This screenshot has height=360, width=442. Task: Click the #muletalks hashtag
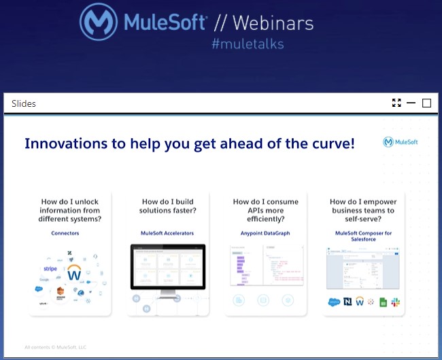[x=248, y=44]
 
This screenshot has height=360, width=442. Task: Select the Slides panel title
[x=24, y=103]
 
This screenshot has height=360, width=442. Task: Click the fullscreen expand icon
[x=396, y=103]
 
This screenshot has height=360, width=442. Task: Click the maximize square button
[x=427, y=103]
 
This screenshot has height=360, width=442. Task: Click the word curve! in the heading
[x=330, y=144]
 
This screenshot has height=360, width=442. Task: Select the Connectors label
[x=65, y=233]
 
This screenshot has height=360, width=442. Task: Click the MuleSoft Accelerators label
[x=167, y=233]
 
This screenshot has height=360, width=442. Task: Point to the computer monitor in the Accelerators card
[x=167, y=269]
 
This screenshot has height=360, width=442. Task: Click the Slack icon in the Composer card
[x=395, y=301]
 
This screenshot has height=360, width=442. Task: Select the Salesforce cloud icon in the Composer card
[x=333, y=301]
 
